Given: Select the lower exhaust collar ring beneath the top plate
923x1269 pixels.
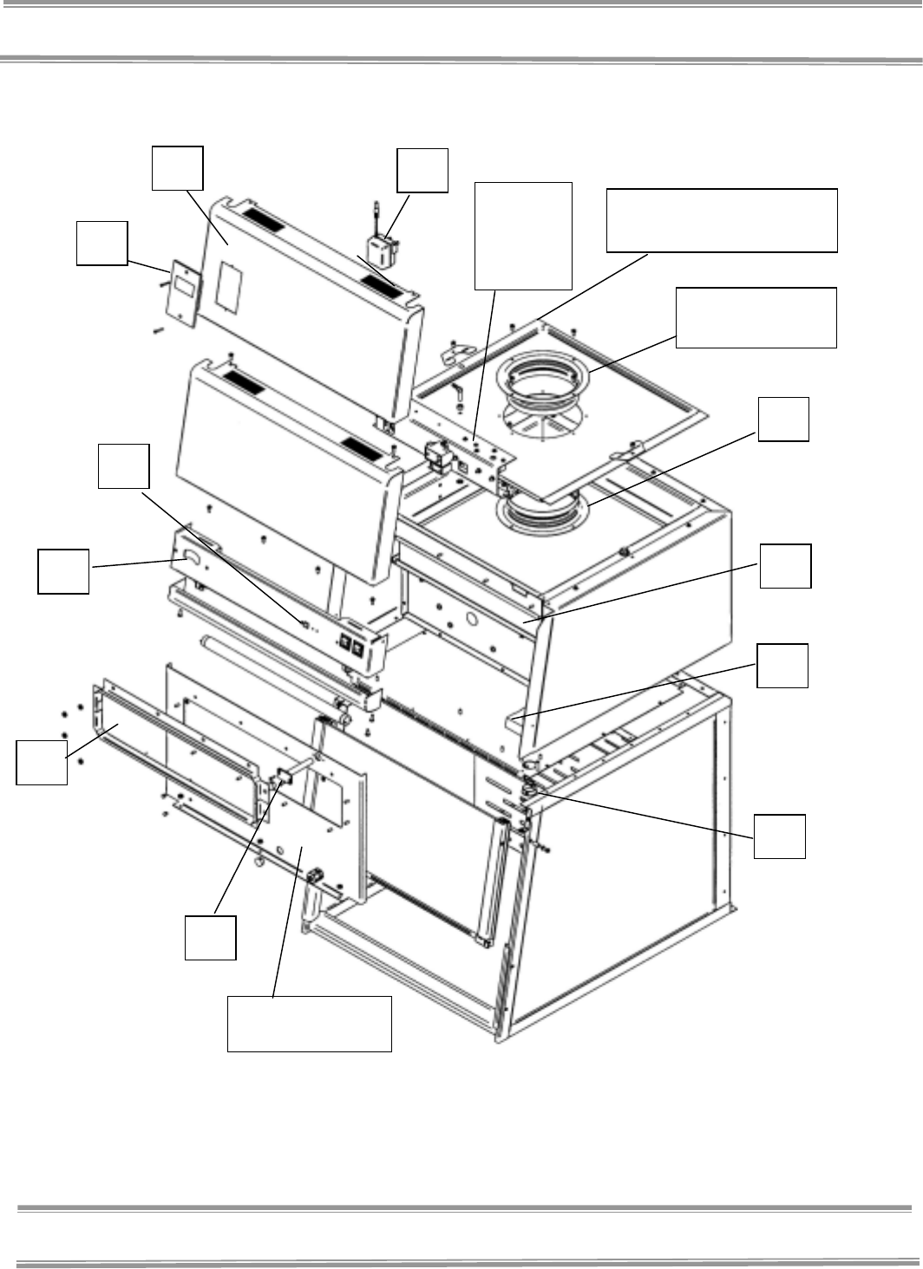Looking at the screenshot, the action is click(541, 514).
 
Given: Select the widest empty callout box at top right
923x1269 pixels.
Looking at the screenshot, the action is click(722, 219).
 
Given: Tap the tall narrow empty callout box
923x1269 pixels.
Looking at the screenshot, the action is click(524, 235).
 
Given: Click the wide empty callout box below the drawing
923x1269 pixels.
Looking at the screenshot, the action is click(309, 1024).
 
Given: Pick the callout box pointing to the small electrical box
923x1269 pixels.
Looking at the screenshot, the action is click(422, 170).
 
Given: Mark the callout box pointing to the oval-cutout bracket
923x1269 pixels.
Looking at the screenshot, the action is click(63, 570).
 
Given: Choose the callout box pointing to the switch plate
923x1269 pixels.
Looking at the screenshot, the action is click(101, 243).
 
